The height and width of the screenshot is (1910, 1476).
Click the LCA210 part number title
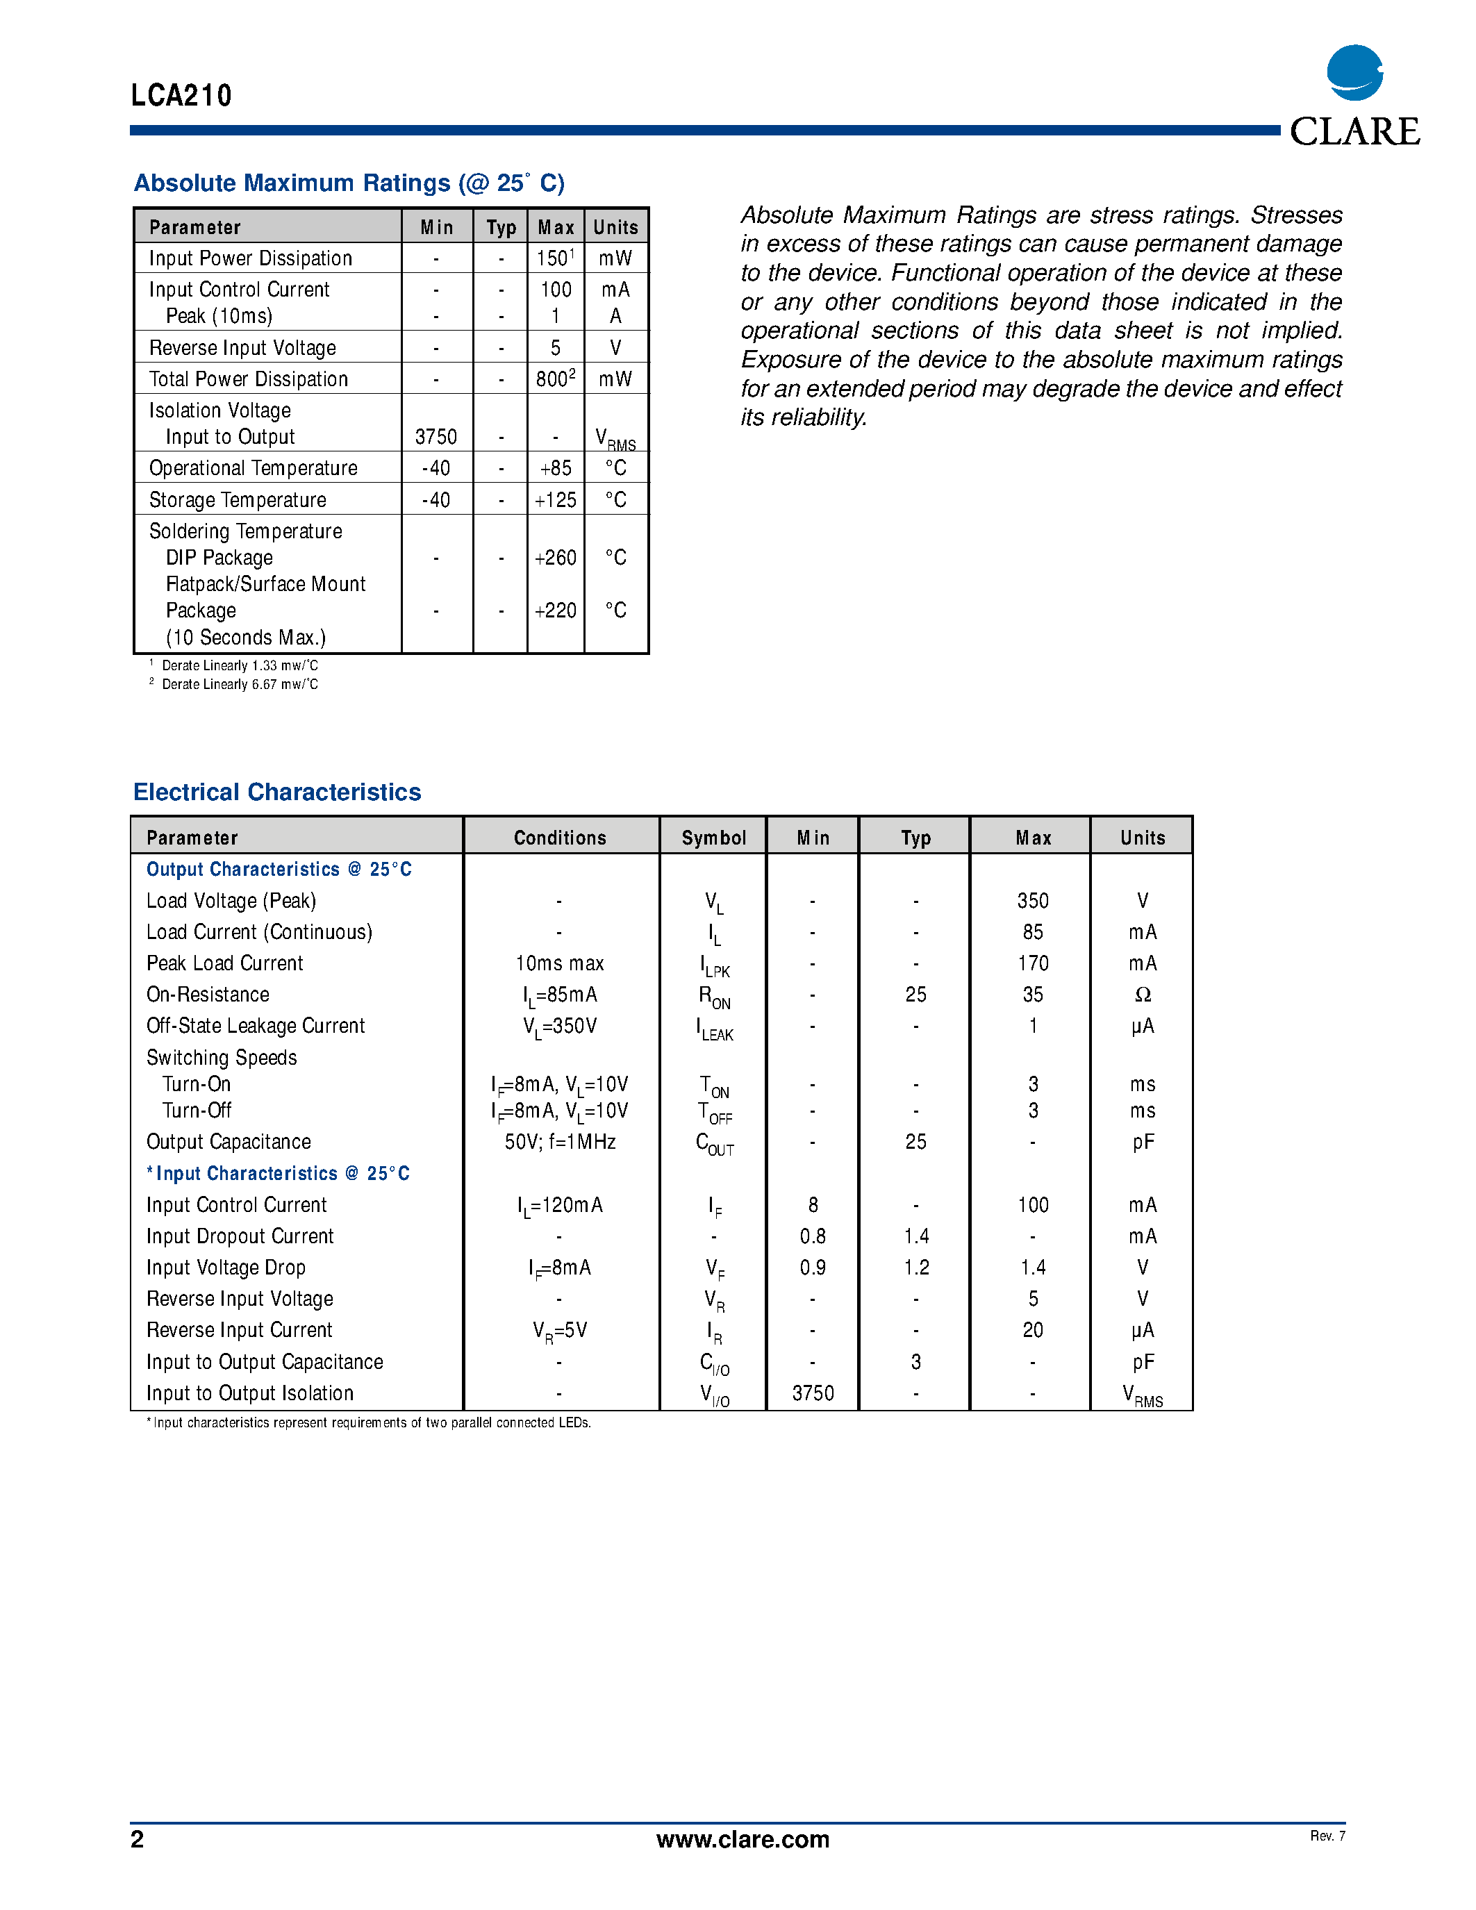[x=181, y=95]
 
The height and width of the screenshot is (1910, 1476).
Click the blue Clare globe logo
[x=1354, y=73]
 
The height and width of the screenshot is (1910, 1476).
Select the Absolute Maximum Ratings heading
[x=349, y=183]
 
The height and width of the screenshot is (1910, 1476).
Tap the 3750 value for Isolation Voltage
[x=436, y=436]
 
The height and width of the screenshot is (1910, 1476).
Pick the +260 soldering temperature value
[x=555, y=558]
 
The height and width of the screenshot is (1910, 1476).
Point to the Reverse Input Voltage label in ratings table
[x=242, y=348]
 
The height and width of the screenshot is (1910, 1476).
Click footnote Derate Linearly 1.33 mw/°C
[x=239, y=665]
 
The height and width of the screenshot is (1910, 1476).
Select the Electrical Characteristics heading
[x=276, y=792]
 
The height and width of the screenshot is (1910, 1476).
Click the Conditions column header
[x=560, y=838]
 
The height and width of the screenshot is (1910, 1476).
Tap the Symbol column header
[x=713, y=838]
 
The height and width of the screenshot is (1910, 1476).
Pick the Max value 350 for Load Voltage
[x=1033, y=901]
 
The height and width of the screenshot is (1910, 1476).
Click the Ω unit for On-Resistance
[x=1142, y=995]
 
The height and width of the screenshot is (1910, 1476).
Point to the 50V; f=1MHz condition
[x=560, y=1142]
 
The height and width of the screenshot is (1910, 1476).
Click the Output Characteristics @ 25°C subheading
[x=278, y=870]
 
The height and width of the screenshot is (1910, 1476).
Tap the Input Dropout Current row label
[x=240, y=1236]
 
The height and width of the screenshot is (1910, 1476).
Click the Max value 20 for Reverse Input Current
[x=1033, y=1330]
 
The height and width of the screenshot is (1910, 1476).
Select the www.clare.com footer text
[x=743, y=1839]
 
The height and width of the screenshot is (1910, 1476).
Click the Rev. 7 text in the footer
[x=1327, y=1836]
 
